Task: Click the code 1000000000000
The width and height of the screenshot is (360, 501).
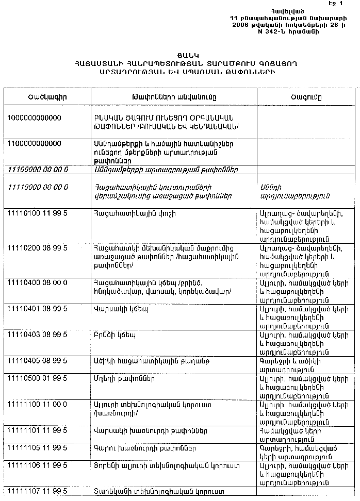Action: point(34,118)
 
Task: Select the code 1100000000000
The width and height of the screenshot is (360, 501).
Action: point(34,143)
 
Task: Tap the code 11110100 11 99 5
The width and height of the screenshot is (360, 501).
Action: point(37,213)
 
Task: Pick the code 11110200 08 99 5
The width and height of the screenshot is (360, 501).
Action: point(37,248)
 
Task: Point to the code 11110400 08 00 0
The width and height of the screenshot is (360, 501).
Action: point(37,282)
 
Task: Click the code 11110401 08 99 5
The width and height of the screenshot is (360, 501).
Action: point(37,309)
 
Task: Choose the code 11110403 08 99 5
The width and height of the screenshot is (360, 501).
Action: point(37,335)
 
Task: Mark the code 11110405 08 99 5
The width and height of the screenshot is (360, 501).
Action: point(37,361)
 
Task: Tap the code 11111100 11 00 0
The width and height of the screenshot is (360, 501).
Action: point(37,405)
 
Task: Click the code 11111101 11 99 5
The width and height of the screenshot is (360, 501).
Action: point(37,430)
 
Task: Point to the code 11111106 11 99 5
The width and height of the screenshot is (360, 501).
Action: point(37,466)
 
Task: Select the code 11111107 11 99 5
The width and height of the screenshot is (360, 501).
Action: point(37,491)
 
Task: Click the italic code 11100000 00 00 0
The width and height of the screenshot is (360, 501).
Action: point(39,169)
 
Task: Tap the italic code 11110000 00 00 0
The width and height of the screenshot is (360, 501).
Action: point(39,187)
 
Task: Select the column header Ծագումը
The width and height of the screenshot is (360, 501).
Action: point(306,97)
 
